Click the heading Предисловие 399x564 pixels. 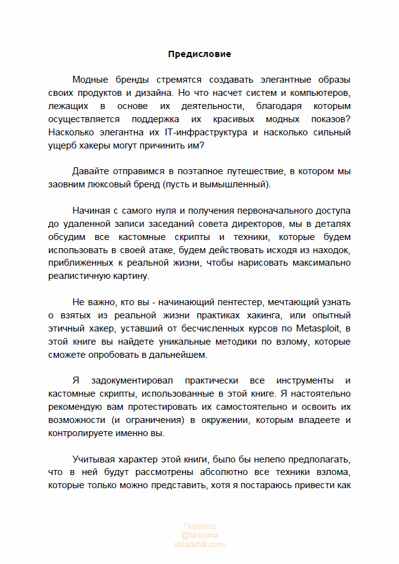point(199,54)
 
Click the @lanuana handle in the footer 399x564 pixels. point(199,536)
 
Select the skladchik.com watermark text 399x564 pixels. point(199,545)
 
